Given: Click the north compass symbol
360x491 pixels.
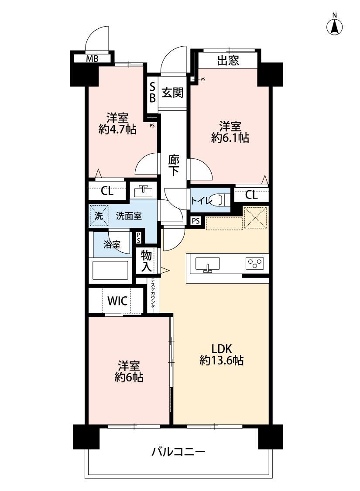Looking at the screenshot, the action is [334, 27].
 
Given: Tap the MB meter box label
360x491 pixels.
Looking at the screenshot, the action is [93, 58].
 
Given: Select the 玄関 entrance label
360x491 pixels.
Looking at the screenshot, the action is [172, 93].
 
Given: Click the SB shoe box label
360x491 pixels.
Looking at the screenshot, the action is [152, 92].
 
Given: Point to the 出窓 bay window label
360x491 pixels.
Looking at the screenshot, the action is [228, 60].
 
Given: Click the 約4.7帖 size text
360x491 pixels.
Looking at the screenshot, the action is [117, 129].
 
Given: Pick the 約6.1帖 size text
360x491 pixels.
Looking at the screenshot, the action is [230, 137].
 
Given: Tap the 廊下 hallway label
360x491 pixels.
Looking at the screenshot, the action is [174, 165].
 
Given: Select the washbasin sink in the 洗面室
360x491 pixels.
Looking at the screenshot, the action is [143, 191].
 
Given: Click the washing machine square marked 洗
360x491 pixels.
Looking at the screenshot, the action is [99, 216].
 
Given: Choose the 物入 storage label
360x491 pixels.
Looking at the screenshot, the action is [146, 261].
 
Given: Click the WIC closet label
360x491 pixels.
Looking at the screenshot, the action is [117, 301].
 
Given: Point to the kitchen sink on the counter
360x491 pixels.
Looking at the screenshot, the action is [207, 264].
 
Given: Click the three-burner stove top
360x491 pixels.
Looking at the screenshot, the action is [255, 263].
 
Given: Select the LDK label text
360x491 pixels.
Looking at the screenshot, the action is [221, 349].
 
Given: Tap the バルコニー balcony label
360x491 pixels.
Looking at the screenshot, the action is [178, 452].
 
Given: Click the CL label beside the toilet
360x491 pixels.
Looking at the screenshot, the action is [251, 195].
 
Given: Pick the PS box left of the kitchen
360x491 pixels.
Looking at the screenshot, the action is [195, 221].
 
